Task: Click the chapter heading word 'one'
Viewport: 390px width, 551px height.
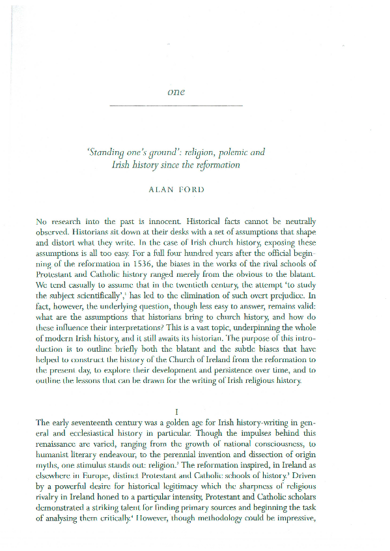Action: tap(176, 92)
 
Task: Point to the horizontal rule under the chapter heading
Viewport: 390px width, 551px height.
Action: tap(176, 106)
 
